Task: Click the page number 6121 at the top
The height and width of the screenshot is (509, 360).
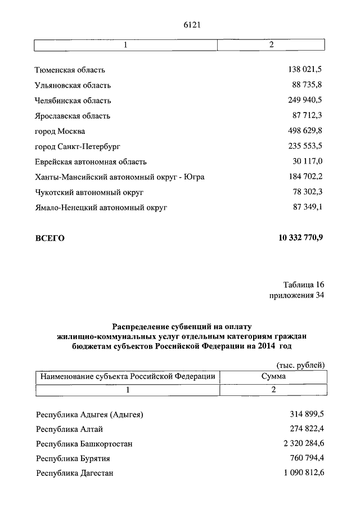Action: pos(192,25)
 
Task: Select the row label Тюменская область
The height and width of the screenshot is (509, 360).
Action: pos(70,70)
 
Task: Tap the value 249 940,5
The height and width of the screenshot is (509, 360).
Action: pos(305,101)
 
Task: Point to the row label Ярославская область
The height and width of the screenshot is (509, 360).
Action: pos(73,116)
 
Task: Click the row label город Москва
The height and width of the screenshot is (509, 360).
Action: pos(60,131)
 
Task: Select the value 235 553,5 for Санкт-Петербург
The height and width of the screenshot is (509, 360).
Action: pos(305,146)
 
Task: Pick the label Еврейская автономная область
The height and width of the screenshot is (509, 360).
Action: pos(91,162)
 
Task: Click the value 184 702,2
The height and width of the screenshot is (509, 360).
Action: pos(305,177)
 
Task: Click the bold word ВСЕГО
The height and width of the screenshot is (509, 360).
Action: pos(50,238)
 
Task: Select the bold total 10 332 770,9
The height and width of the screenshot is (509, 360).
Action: pos(300,238)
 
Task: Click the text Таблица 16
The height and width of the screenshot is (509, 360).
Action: pos(304,285)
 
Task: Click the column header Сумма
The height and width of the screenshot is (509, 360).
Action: pos(273,376)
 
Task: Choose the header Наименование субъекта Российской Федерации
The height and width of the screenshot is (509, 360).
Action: pos(127,376)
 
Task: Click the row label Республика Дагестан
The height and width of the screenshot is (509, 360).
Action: pos(75,474)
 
